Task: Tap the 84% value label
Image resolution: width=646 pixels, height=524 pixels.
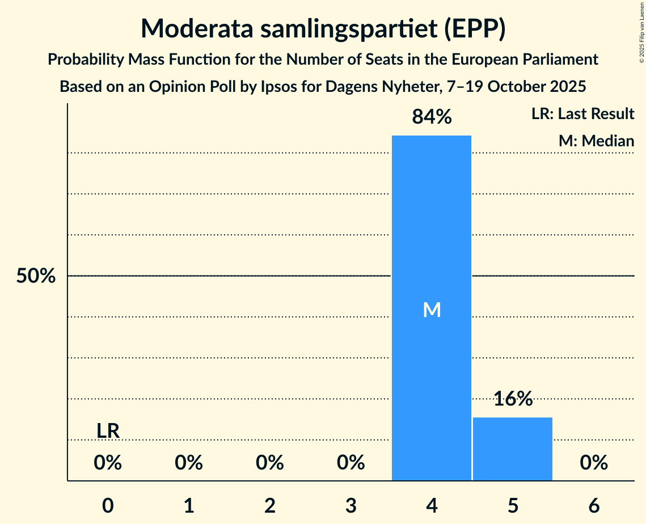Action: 432,117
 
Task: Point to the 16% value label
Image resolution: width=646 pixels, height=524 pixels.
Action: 513,399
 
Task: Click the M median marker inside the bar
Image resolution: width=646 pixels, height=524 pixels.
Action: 432,310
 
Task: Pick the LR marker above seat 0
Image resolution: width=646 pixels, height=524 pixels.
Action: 108,431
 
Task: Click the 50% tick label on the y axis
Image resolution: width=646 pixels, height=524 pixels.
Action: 36,276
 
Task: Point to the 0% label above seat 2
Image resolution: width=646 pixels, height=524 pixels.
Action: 269,463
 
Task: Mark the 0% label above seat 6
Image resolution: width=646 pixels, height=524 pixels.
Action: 594,463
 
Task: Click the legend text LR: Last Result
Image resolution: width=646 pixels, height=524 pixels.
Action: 582,114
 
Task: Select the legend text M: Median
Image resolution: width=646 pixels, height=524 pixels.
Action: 596,141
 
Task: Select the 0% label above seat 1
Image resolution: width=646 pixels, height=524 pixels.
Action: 189,463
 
